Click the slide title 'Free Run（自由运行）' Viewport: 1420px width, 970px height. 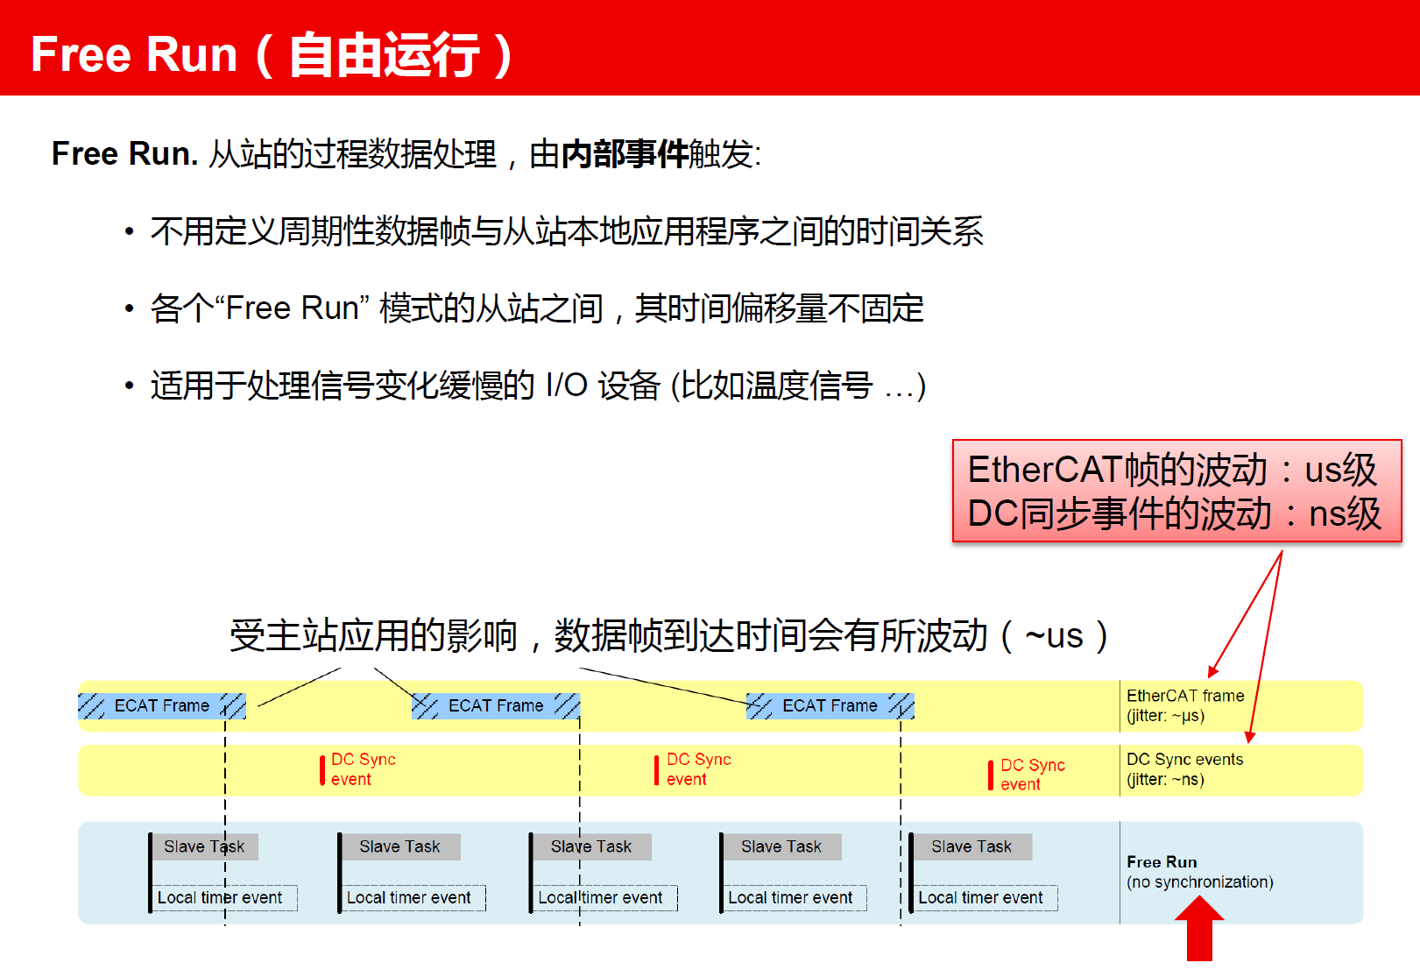click(273, 54)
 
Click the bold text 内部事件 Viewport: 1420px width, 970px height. click(625, 154)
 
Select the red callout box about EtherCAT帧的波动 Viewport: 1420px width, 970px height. click(1176, 491)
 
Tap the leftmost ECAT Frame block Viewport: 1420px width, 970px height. click(162, 705)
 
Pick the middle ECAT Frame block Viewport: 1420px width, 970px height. click(496, 705)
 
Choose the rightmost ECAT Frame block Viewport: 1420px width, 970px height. click(830, 705)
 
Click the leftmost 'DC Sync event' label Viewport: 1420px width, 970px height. click(364, 769)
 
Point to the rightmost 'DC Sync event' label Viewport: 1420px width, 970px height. click(1033, 774)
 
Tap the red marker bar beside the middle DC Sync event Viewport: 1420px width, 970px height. click(657, 769)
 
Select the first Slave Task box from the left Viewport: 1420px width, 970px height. click(204, 846)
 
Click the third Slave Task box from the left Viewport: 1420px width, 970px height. click(590, 846)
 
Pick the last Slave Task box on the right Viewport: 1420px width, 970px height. click(971, 846)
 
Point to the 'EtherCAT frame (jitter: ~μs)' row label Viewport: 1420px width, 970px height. click(1185, 705)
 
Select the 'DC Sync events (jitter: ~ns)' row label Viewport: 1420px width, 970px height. click(1184, 769)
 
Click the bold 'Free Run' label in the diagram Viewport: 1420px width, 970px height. click(1162, 862)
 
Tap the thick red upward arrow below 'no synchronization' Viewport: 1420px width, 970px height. click(1199, 929)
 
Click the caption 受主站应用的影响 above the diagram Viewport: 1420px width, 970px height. click(373, 636)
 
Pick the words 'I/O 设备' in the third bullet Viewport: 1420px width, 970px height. click(603, 386)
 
